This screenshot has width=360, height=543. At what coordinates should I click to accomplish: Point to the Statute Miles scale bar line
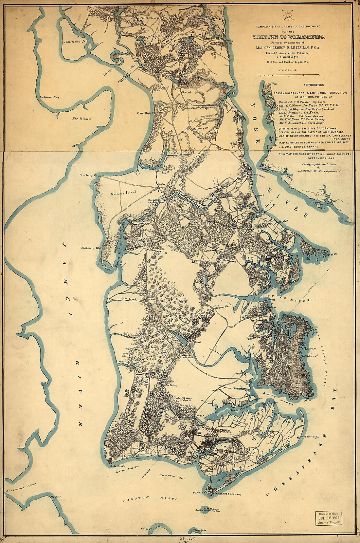click(x=288, y=75)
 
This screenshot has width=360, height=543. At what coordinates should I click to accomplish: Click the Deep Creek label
click(x=128, y=299)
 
